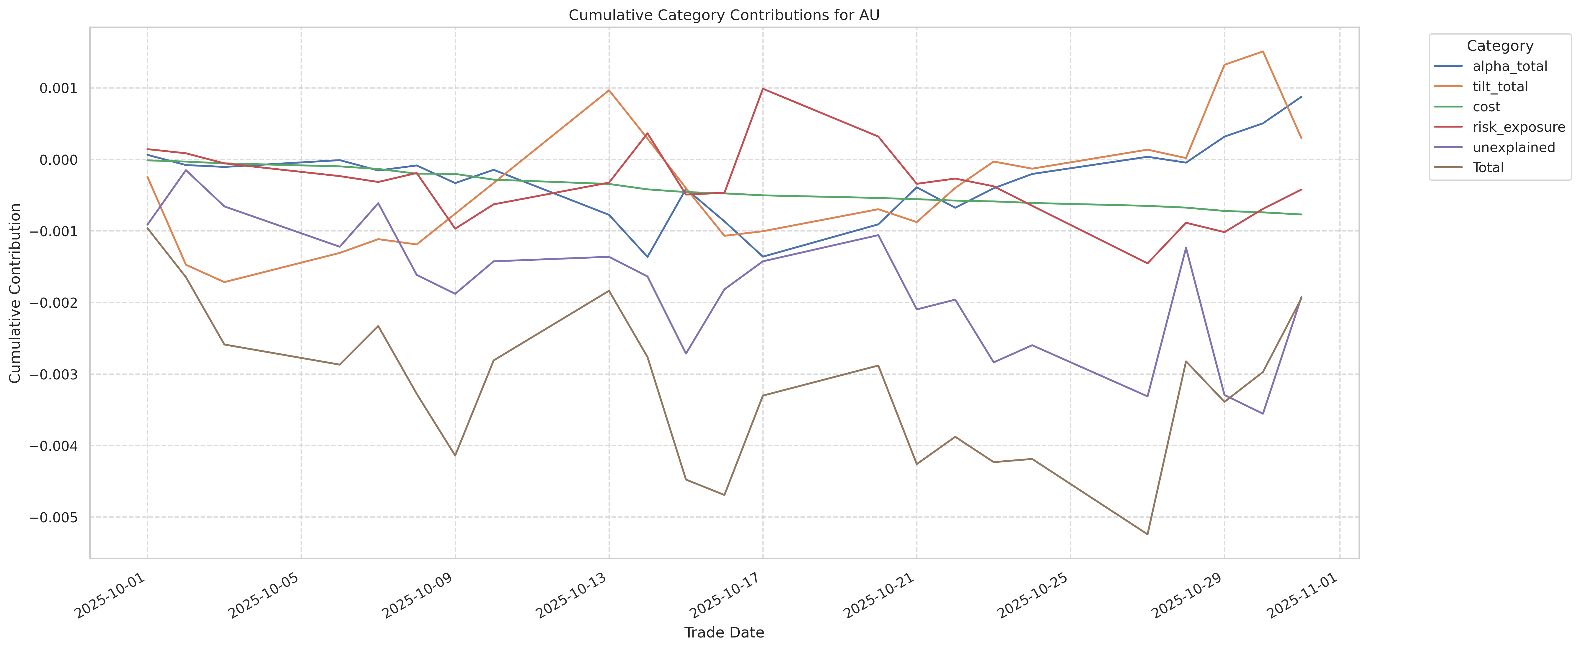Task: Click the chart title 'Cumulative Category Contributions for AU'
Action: [x=724, y=15]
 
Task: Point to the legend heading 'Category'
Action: [x=1500, y=46]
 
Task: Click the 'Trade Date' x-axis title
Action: [x=724, y=632]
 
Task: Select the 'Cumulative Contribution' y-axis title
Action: [x=15, y=293]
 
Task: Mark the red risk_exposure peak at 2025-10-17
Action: [x=762, y=89]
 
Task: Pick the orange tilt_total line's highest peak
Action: [x=1262, y=52]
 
